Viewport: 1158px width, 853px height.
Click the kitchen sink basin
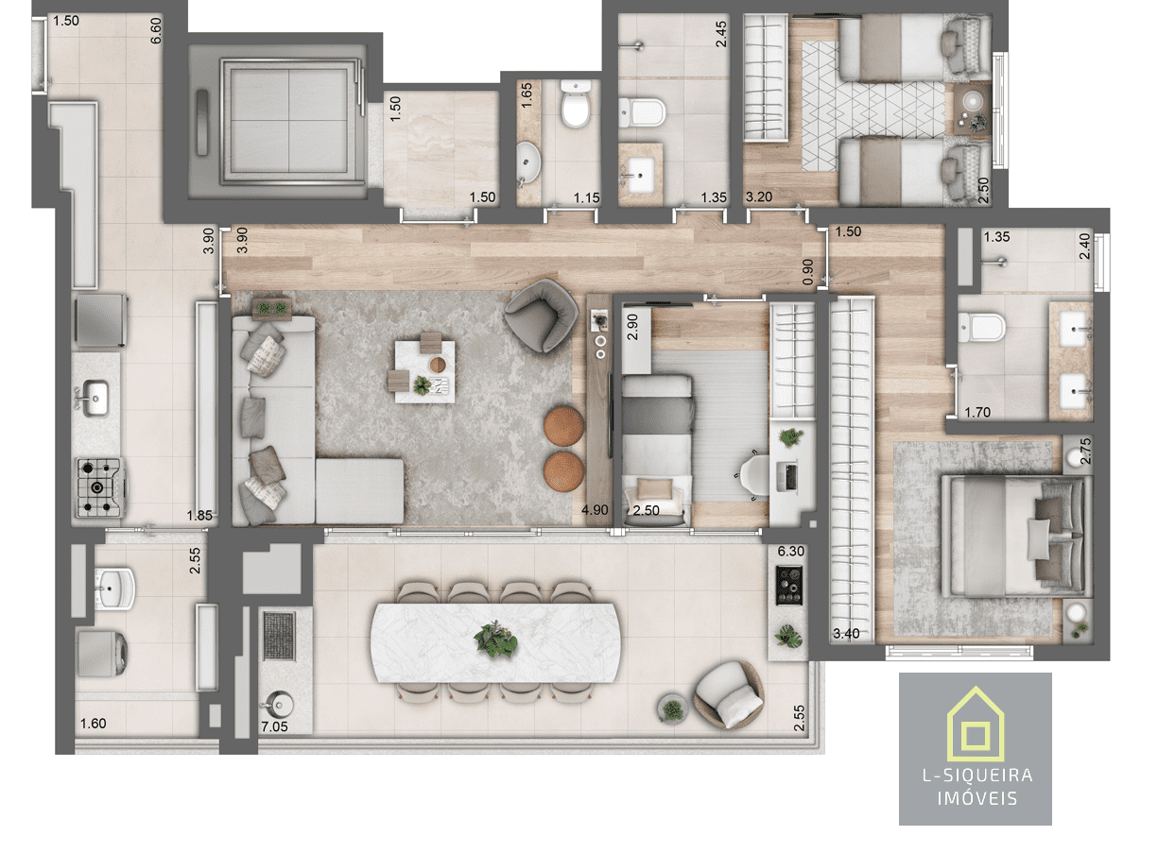(95, 398)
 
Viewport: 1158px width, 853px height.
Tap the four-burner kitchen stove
(100, 487)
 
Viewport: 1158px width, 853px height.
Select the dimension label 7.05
(274, 726)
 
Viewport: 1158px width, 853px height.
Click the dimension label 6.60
(156, 30)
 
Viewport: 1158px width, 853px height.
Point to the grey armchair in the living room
(542, 315)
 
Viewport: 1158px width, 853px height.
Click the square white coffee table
(424, 371)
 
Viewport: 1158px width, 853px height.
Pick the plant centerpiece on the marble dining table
(495, 640)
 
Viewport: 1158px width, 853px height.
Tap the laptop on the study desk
(790, 476)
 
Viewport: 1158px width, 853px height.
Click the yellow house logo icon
(975, 724)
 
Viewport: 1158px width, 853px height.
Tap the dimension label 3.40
(846, 634)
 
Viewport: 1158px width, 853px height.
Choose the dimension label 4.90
(595, 510)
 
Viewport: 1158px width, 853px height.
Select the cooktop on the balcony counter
(789, 586)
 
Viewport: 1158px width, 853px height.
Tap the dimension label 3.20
(759, 196)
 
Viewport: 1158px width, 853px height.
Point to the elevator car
(288, 122)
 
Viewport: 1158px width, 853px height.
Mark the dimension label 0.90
(808, 272)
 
